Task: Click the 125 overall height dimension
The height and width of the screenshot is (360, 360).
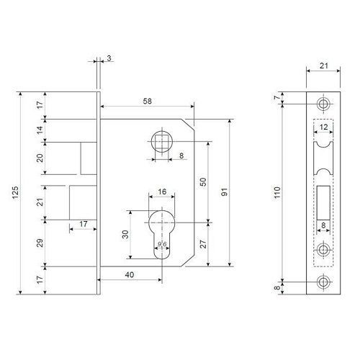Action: pos(15,192)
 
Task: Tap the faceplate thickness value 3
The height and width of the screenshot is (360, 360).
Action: pos(109,58)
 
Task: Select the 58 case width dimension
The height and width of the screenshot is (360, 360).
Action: pos(148,102)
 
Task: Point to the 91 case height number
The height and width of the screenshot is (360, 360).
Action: pos(224,192)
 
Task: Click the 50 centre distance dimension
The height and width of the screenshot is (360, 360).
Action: pos(203,182)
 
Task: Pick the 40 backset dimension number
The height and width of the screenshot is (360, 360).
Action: pos(130,274)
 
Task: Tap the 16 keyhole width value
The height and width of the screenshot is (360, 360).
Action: pos(162,192)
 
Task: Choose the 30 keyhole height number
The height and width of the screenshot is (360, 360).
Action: pos(125,235)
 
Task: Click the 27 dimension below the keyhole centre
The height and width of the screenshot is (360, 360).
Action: pos(203,244)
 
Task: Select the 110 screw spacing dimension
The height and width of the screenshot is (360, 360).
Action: pos(277,192)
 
